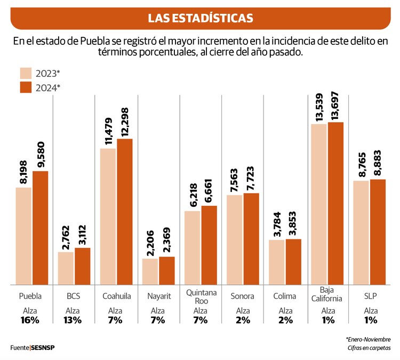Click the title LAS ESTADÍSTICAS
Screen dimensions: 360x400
200,18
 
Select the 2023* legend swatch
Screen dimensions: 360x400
26,74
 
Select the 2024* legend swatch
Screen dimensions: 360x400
26,87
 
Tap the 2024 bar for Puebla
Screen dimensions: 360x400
40,228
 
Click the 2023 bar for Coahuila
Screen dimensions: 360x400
108,217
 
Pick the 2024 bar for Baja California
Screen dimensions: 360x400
336,203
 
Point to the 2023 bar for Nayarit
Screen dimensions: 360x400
150,271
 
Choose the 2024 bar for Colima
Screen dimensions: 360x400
294,261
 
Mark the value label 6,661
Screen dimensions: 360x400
209,190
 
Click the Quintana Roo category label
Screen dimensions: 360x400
201,296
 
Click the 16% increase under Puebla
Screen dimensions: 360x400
31,320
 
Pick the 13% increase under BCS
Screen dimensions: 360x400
73,320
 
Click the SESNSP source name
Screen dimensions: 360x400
43,348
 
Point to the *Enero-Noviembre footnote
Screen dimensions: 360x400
368,339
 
